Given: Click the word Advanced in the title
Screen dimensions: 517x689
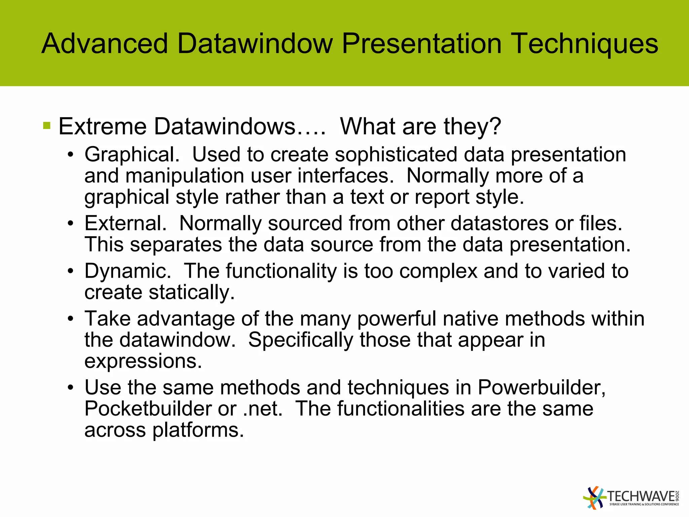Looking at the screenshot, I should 105,43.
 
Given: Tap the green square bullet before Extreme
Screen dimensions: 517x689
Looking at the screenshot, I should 47,126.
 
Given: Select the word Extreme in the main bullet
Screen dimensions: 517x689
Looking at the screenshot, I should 103,127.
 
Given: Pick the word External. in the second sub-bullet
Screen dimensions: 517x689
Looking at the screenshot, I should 125,223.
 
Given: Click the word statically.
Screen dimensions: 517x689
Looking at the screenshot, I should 192,292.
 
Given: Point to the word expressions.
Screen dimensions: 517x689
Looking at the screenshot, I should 143,361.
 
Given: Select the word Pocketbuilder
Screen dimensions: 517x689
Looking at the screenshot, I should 148,409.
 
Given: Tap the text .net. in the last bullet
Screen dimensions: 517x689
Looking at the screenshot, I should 263,409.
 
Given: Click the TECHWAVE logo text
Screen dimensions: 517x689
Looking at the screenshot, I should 641,497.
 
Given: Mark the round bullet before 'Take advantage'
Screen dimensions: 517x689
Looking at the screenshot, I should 70,319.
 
